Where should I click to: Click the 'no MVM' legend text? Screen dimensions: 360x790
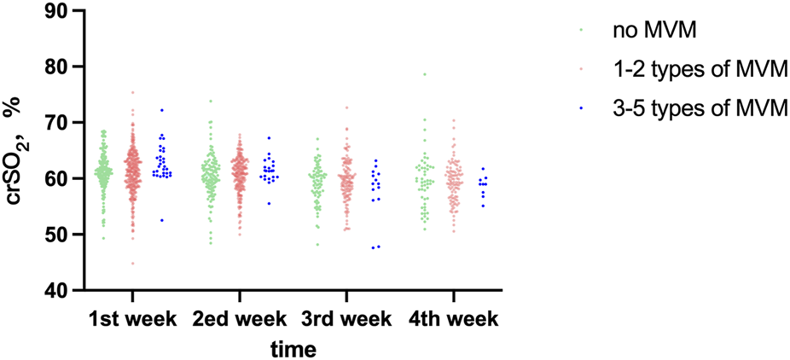pyautogui.click(x=654, y=31)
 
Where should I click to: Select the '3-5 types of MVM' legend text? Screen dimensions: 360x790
pyautogui.click(x=699, y=107)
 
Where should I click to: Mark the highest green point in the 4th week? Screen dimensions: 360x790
pyautogui.click(x=424, y=74)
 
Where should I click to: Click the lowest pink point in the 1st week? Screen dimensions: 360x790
pyautogui.click(x=132, y=264)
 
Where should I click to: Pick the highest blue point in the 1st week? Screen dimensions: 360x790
pyautogui.click(x=162, y=110)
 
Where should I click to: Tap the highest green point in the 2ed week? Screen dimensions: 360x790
pyautogui.click(x=211, y=101)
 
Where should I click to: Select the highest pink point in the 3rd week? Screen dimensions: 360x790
pyautogui.click(x=346, y=107)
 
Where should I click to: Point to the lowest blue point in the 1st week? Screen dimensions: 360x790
pyautogui.click(x=162, y=220)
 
